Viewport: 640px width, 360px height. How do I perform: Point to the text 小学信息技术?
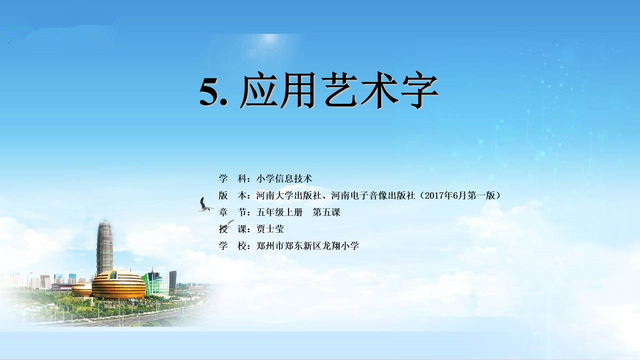pyautogui.click(x=284, y=179)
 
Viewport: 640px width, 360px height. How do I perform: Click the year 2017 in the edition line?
pyautogui.click(x=434, y=195)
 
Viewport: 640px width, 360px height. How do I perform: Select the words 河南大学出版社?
pyautogui.click(x=289, y=195)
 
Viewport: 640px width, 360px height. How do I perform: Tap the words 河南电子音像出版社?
pyautogui.click(x=373, y=195)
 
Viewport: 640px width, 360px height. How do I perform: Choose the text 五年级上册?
pyautogui.click(x=279, y=212)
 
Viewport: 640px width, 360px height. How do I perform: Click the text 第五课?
pyautogui.click(x=326, y=212)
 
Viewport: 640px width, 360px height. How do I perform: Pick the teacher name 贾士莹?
pyautogui.click(x=270, y=229)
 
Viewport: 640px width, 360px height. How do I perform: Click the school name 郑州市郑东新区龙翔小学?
pyautogui.click(x=307, y=246)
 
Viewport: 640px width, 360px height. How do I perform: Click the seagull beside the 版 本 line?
pyautogui.click(x=205, y=205)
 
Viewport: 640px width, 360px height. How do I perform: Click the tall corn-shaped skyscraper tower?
pyautogui.click(x=105, y=247)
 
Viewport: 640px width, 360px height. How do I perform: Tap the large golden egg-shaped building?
pyautogui.click(x=119, y=285)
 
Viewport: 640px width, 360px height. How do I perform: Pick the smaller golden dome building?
pyautogui.click(x=81, y=289)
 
